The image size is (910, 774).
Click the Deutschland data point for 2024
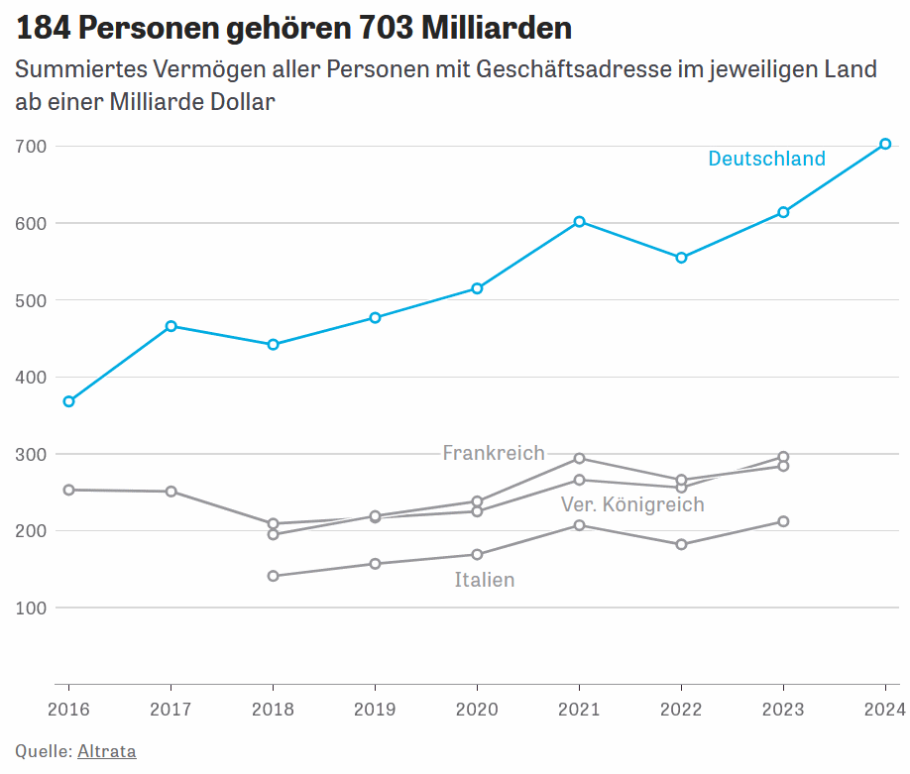click(x=885, y=144)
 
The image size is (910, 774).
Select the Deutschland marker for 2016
click(x=68, y=401)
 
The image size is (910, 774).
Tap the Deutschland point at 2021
click(x=579, y=221)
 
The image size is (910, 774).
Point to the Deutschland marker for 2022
click(x=681, y=258)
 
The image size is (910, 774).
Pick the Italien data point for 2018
click(x=274, y=576)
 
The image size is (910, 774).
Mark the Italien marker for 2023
click(x=783, y=521)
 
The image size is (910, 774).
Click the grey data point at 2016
click(x=68, y=490)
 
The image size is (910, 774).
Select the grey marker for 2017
click(x=171, y=492)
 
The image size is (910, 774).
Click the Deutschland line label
click(x=766, y=159)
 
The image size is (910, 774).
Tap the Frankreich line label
click(x=494, y=453)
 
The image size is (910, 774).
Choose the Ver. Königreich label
click(x=632, y=504)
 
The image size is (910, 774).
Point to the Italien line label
click(x=485, y=580)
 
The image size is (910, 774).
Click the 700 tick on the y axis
click(x=32, y=147)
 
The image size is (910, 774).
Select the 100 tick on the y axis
click(x=32, y=608)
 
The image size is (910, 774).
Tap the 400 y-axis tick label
click(x=32, y=378)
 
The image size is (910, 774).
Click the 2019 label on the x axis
click(x=375, y=709)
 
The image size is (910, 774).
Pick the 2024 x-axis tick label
click(x=884, y=709)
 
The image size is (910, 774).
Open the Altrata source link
click(x=107, y=751)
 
